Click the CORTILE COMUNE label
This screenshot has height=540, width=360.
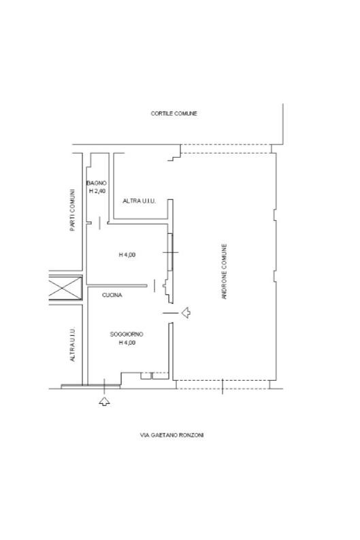[x=174, y=114]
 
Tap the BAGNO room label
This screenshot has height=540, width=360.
[x=97, y=183]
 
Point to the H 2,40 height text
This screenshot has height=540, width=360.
[x=97, y=191]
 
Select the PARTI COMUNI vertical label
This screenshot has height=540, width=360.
[x=72, y=209]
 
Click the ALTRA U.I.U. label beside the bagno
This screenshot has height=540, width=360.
[x=140, y=201]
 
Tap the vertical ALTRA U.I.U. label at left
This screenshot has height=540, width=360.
[x=72, y=344]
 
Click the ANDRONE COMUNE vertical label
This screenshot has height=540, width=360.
[x=225, y=271]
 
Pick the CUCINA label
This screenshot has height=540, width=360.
[x=112, y=295]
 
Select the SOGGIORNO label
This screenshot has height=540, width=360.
[x=127, y=334]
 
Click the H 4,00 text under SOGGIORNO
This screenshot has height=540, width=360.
[x=127, y=343]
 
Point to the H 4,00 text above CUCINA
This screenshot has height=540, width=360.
[x=127, y=255]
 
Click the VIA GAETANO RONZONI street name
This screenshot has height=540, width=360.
[x=172, y=435]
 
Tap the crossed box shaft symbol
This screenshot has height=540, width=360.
[x=65, y=288]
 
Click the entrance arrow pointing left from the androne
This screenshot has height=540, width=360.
[x=186, y=312]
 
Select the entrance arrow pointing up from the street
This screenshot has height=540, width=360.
[x=104, y=401]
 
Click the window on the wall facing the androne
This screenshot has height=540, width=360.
[x=170, y=252]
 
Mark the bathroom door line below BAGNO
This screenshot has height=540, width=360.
[x=99, y=223]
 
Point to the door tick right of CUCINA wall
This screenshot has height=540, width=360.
[x=154, y=286]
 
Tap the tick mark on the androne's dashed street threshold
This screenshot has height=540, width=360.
[x=223, y=386]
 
